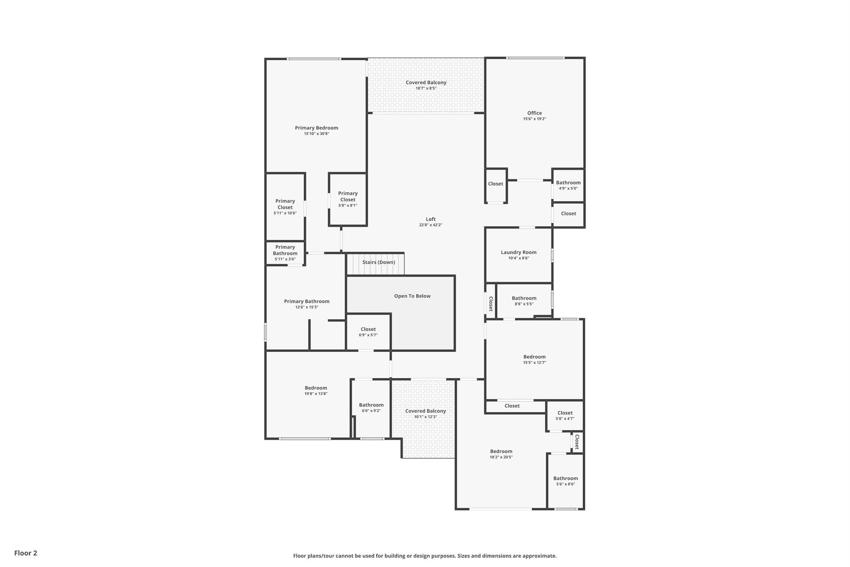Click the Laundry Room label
point(518,252)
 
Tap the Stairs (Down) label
point(379,262)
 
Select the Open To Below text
point(412,296)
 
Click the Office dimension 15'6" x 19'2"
point(535,119)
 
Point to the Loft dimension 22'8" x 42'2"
point(430,225)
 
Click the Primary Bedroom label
point(316,128)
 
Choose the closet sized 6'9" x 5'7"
point(368,332)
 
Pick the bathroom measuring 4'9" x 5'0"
point(568,185)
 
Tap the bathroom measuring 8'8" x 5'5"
point(524,301)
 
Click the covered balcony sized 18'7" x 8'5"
point(426,85)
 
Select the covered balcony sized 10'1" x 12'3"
point(425,413)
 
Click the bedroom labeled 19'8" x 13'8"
point(316,390)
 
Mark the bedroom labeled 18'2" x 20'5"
point(501,454)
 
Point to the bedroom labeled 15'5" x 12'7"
point(534,359)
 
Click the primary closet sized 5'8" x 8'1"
point(348,199)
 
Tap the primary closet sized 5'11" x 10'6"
point(285,206)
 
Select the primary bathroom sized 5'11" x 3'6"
point(285,253)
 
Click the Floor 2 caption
point(26,553)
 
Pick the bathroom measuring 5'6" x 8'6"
point(565,481)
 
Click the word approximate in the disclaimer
point(539,556)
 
